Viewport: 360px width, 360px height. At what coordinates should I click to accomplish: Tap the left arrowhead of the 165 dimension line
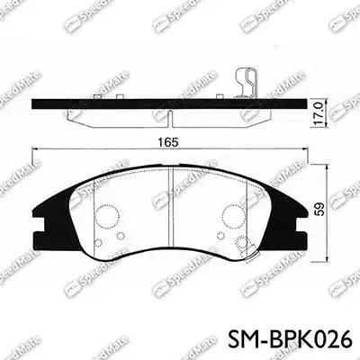35,149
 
